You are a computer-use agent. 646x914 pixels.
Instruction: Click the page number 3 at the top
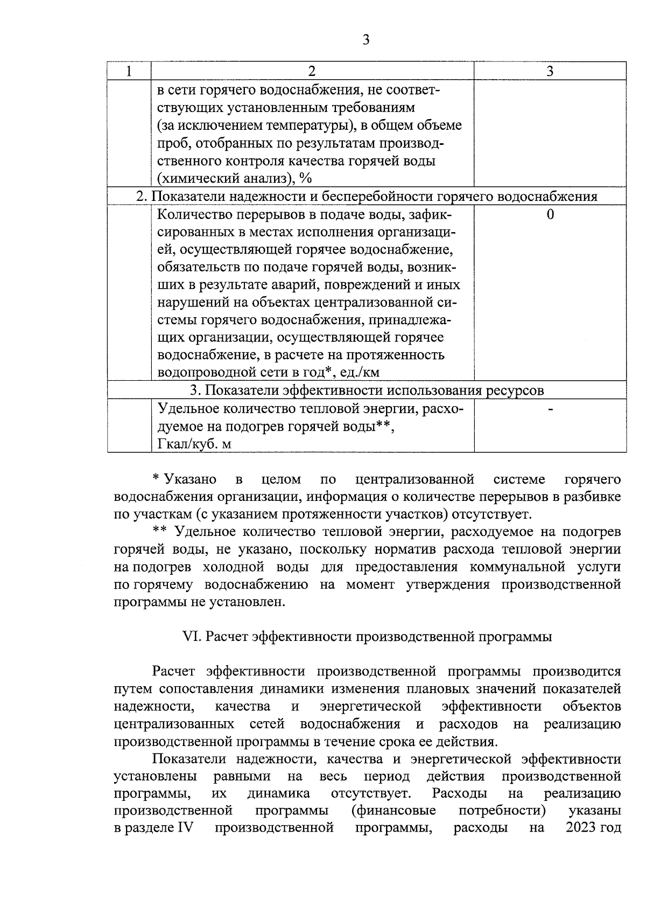366,40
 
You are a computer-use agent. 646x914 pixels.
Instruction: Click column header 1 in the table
129,71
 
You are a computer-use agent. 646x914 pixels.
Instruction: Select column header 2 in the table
312,71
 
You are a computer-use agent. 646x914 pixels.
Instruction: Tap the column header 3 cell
550,71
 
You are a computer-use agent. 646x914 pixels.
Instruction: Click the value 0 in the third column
550,215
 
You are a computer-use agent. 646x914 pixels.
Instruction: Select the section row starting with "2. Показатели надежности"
366,197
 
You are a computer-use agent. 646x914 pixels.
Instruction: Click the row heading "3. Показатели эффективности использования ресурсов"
366,390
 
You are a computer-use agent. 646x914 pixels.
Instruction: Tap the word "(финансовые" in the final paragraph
393,810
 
